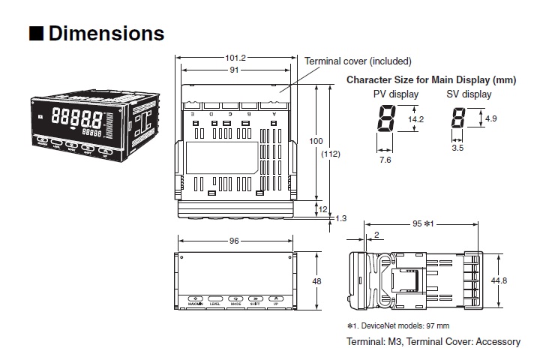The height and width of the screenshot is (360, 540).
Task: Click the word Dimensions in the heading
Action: pyautogui.click(x=106, y=34)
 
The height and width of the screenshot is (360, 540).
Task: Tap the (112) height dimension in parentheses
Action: pyautogui.click(x=330, y=154)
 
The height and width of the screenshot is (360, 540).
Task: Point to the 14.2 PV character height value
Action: pyautogui.click(x=415, y=119)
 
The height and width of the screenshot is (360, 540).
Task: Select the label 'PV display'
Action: pyautogui.click(x=396, y=94)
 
